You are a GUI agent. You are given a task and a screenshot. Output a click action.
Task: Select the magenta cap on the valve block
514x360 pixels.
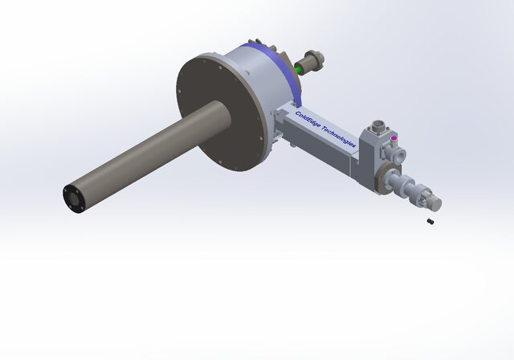(x=394, y=138)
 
